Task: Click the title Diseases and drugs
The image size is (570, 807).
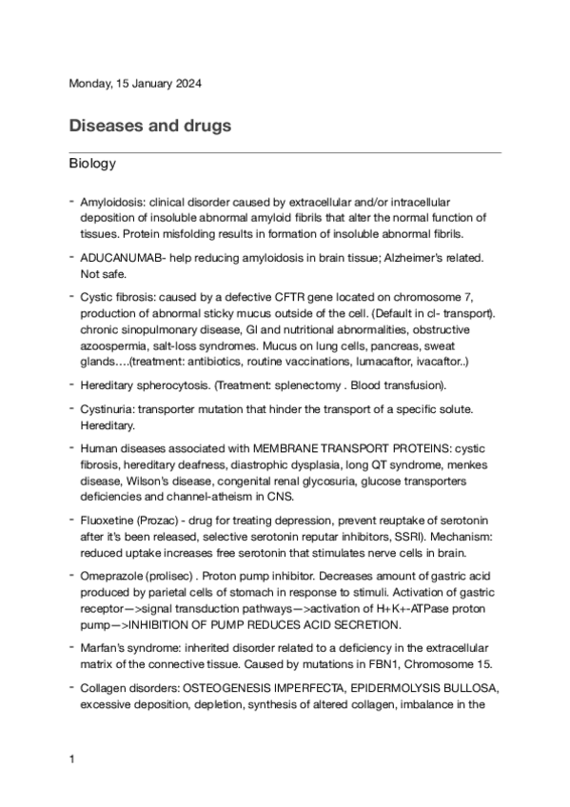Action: (x=150, y=126)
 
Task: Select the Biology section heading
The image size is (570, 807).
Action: (x=92, y=165)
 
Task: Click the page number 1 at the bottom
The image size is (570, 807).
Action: (x=71, y=759)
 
